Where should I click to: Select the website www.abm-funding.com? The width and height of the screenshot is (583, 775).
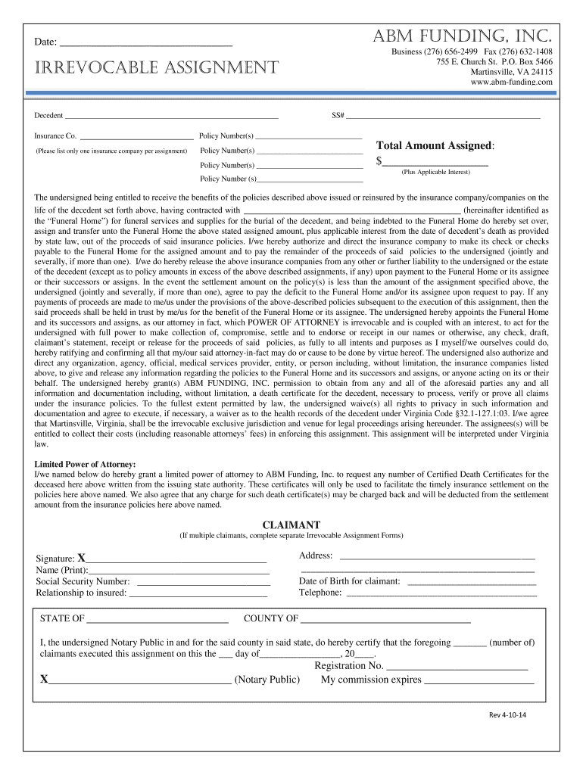point(512,82)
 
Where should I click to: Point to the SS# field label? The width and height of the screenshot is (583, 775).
point(338,116)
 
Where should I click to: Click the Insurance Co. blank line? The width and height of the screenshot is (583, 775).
point(136,137)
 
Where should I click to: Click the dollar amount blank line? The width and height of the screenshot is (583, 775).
point(435,162)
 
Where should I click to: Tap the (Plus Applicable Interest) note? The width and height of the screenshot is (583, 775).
point(435,173)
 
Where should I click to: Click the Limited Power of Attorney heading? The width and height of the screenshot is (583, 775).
point(86,463)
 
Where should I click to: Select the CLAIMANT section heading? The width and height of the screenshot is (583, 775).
point(291,524)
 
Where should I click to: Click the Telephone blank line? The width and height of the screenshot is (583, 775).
point(441,593)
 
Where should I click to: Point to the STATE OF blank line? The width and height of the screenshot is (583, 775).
point(157,619)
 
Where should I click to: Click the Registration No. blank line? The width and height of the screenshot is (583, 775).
point(457,667)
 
